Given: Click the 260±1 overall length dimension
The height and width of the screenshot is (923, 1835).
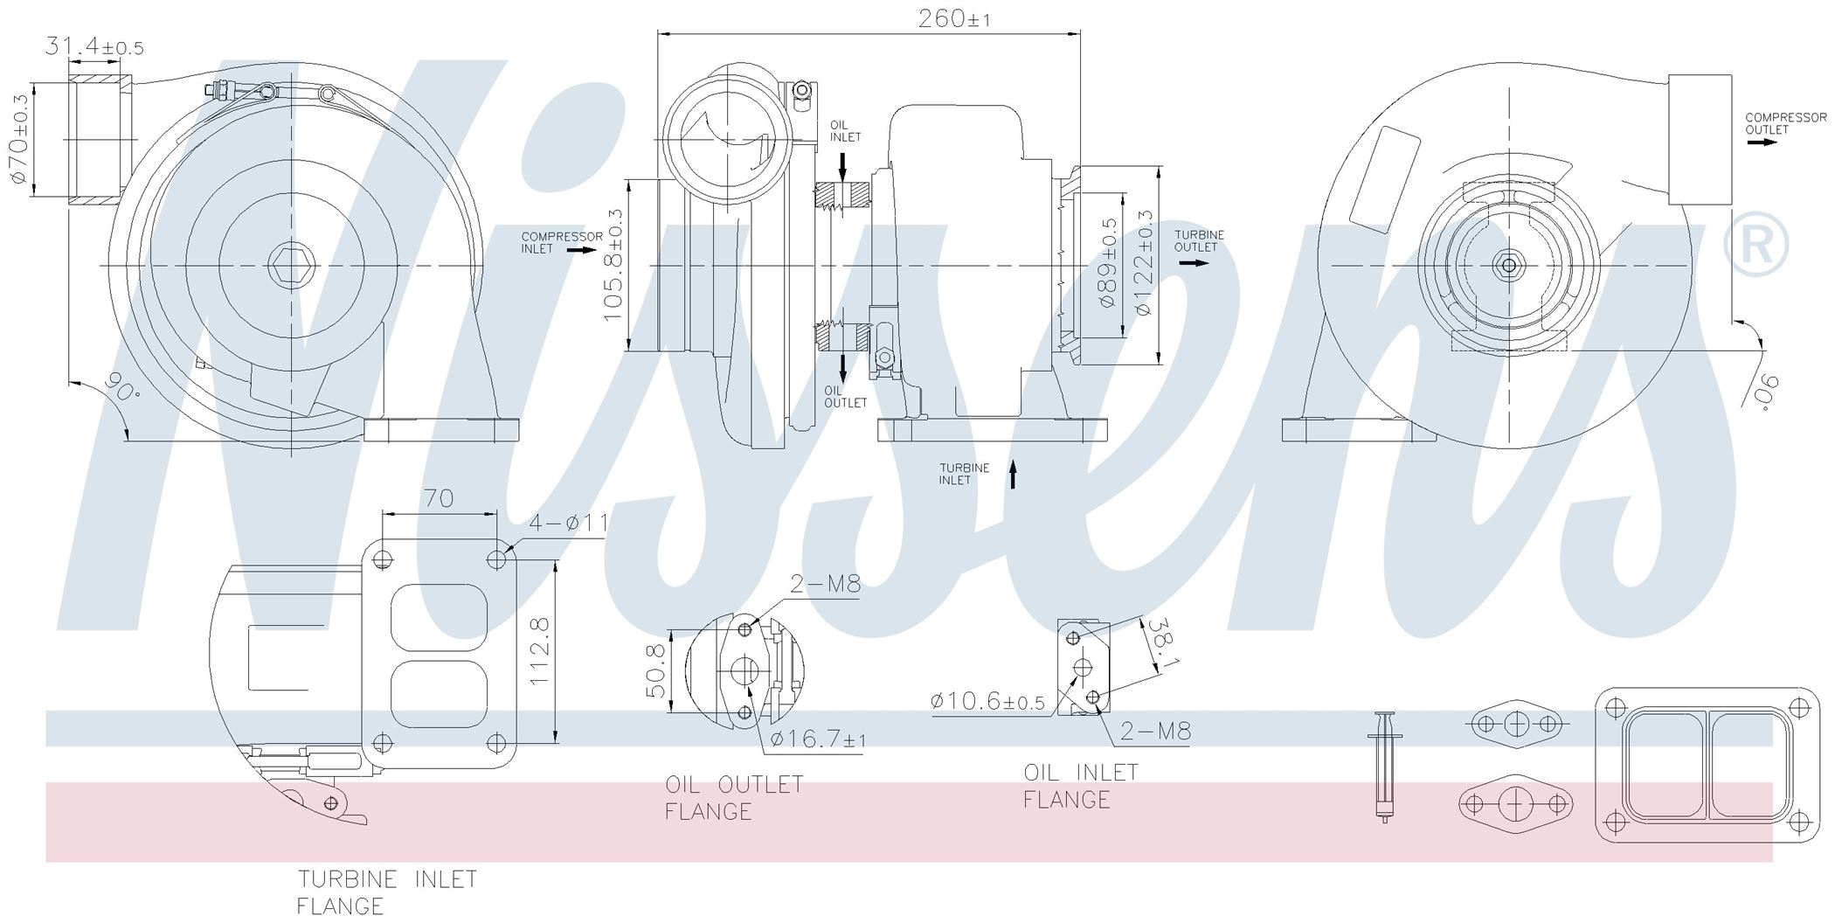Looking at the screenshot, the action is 954,18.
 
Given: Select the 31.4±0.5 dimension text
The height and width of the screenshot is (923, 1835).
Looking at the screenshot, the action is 94,46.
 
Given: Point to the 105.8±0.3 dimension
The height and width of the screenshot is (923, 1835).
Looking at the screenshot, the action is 613,264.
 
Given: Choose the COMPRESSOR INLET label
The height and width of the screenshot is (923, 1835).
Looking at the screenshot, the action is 562,243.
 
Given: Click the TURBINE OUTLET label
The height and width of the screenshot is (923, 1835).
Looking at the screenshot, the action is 1199,240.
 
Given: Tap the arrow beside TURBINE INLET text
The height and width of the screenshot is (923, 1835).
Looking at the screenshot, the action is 1014,474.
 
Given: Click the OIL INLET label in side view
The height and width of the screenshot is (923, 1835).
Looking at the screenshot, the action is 845,131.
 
